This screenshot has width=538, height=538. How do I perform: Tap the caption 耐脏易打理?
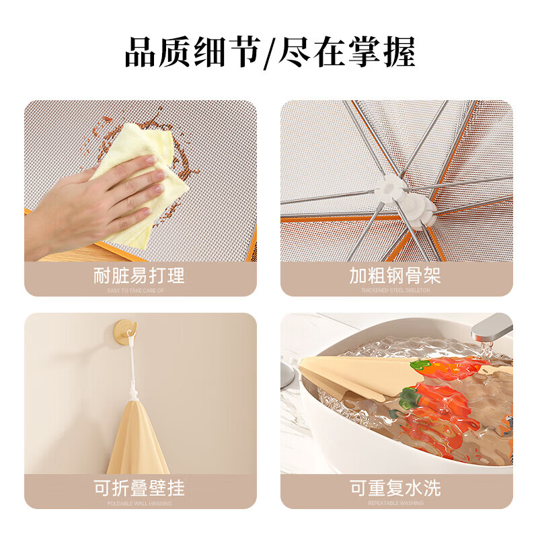tap(139, 275)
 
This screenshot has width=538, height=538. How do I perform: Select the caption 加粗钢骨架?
tap(395, 275)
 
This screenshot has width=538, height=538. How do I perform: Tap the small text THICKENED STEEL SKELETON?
tap(395, 291)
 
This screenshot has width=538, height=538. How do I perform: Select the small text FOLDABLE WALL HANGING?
tap(139, 503)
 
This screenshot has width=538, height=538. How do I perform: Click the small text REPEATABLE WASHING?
tap(395, 503)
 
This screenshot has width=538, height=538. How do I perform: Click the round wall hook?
tap(125, 330)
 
